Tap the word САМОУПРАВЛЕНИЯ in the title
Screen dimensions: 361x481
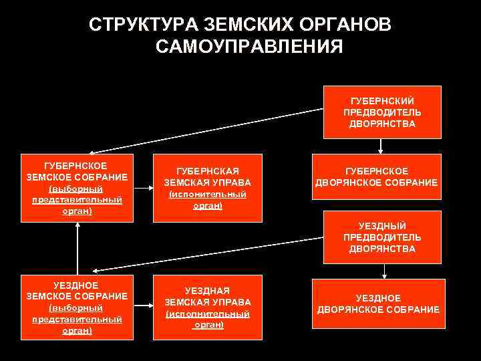(249, 47)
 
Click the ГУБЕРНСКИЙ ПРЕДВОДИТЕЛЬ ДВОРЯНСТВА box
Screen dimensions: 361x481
(382, 112)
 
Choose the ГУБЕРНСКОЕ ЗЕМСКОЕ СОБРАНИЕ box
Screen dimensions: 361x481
(77, 188)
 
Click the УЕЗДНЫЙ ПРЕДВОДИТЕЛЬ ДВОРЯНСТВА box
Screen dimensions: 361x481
(382, 237)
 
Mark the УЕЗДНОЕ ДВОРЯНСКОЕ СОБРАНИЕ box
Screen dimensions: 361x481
(378, 304)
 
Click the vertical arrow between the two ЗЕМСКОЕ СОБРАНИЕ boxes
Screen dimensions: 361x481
(78, 248)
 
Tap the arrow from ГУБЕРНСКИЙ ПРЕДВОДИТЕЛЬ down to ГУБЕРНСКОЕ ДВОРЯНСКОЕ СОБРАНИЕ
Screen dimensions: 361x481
(381, 146)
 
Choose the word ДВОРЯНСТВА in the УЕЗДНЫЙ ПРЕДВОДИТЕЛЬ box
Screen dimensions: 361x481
(382, 249)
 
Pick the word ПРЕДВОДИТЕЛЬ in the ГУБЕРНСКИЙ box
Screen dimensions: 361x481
(382, 112)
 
